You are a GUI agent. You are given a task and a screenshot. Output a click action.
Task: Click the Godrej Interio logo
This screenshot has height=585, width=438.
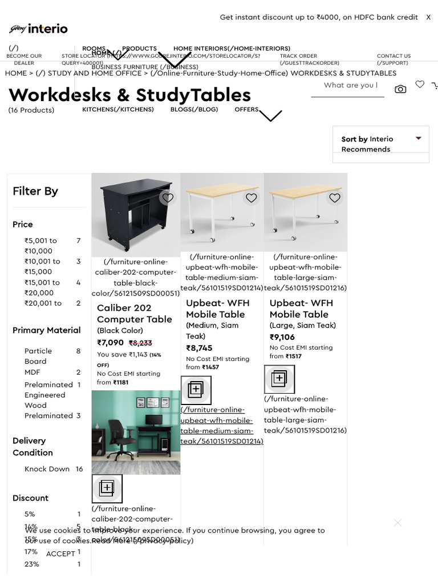click(x=38, y=29)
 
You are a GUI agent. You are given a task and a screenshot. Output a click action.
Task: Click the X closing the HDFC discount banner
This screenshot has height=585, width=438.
click(x=428, y=17)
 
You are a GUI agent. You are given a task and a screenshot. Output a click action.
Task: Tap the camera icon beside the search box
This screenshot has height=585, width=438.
click(x=400, y=89)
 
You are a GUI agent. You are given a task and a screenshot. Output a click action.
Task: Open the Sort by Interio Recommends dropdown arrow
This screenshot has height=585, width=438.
click(x=419, y=139)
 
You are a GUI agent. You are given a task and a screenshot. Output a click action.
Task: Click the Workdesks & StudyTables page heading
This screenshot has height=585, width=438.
click(x=129, y=95)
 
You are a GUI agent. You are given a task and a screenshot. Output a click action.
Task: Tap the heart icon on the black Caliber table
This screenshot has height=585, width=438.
click(x=167, y=198)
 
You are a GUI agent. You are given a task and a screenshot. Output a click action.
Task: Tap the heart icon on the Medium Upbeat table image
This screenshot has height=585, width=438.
click(x=251, y=198)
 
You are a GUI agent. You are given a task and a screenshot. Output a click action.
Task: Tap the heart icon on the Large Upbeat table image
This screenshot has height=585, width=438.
click(x=335, y=198)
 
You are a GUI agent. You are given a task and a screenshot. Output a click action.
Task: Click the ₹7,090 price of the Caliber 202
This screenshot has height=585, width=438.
click(x=110, y=343)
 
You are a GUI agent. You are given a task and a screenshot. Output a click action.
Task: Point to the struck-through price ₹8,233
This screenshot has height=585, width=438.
click(x=140, y=343)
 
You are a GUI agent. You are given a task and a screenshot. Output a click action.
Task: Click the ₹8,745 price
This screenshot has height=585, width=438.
click(x=199, y=348)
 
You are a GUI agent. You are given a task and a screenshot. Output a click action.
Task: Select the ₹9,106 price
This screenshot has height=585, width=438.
click(x=282, y=337)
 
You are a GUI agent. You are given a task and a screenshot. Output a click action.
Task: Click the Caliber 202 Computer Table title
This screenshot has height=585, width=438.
click(x=134, y=314)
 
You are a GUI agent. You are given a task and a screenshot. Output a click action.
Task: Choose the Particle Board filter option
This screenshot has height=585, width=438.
click(x=38, y=356)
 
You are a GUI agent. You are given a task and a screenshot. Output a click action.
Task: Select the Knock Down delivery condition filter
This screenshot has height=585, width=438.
click(x=47, y=469)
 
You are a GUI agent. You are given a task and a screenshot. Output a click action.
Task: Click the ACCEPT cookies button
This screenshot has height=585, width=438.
click(x=60, y=554)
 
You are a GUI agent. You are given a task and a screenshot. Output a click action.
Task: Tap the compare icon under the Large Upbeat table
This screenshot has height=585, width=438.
click(x=279, y=379)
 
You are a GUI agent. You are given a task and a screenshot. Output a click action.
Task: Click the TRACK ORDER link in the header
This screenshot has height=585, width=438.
click(x=298, y=56)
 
